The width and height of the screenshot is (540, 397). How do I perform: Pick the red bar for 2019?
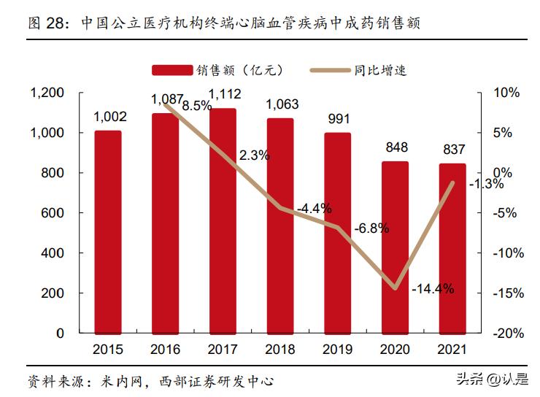coord(337,233)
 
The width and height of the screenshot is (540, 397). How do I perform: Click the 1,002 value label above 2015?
coord(110,117)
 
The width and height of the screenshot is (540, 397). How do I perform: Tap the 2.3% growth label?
coord(255,155)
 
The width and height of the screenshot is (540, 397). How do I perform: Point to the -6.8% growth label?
coord(371,228)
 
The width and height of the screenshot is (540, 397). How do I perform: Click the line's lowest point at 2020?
coord(396,288)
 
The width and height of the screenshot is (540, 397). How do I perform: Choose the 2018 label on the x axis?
coord(280,349)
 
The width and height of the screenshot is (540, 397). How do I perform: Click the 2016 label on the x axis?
coord(166,349)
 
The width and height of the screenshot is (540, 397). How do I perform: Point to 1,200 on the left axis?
coord(47,93)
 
